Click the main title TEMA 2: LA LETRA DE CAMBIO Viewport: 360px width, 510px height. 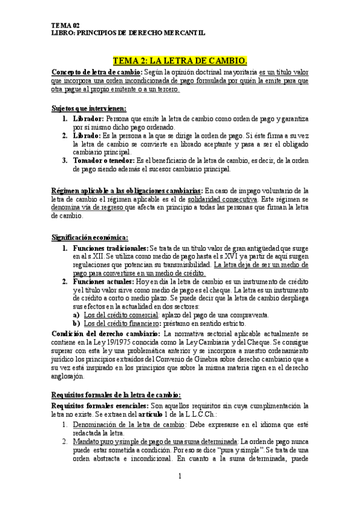[180, 61]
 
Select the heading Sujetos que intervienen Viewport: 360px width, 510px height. [89, 108]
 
